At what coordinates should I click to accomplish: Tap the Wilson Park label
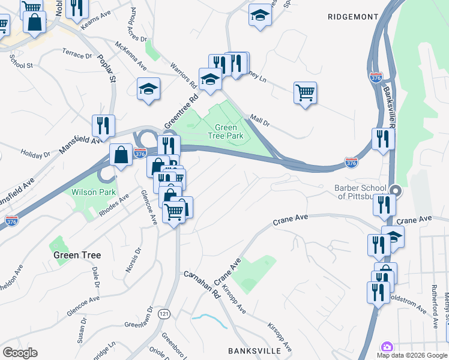pos(93,193)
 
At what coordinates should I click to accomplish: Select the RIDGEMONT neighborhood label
pos(353,17)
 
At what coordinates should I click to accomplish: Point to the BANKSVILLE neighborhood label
pos(255,350)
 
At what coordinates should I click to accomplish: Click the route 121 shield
pos(164,314)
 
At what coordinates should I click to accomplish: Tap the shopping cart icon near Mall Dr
pos(306,93)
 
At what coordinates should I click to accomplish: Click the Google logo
pos(20,353)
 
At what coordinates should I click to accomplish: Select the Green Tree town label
pos(77,255)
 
